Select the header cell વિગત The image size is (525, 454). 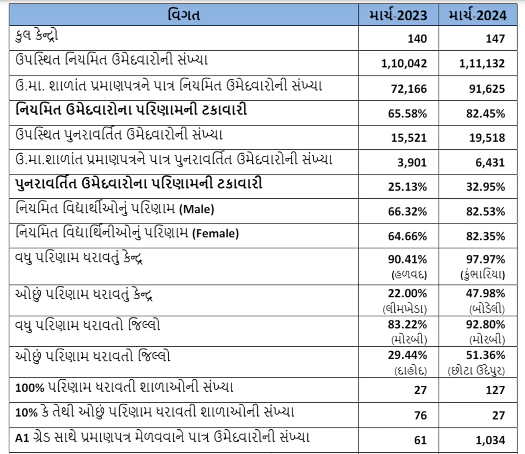184,15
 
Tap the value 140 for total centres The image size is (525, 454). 417,39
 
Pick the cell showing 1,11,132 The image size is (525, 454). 482,63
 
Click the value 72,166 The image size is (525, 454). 409,89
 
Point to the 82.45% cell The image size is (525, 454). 485,114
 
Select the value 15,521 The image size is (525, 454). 409,138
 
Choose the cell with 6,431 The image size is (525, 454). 490,163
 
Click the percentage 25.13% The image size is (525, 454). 407,187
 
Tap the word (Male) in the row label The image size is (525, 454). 197,209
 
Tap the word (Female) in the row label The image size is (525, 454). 215,234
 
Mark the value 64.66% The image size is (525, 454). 407,236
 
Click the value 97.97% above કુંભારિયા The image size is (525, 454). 485,260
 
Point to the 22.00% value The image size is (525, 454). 407,293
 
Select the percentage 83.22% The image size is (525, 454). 407,325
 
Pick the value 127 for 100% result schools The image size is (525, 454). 495,390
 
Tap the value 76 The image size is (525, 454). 420,416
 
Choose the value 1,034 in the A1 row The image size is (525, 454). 490,440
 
